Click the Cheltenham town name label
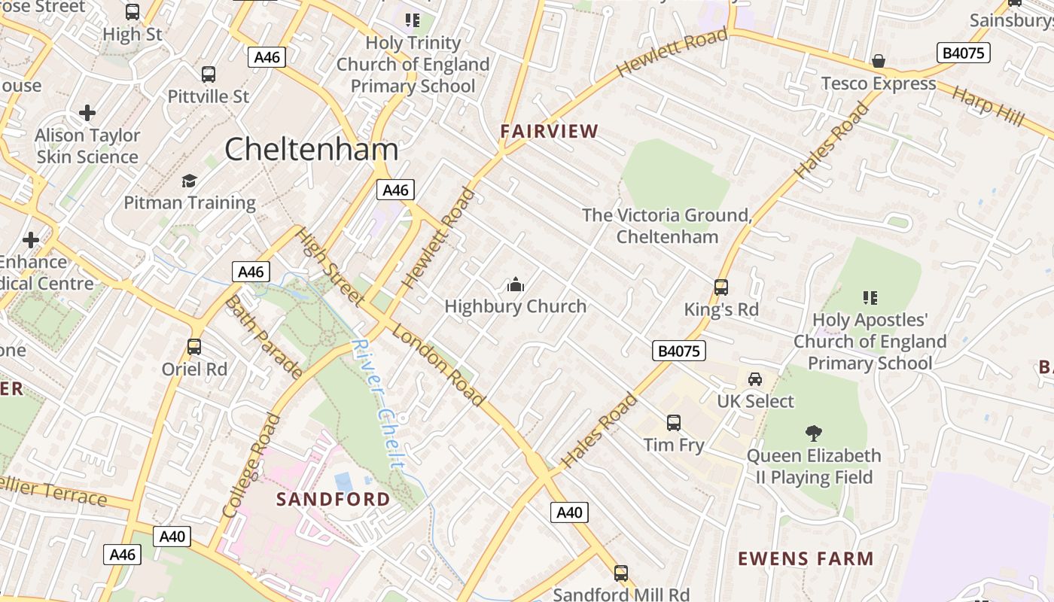pyautogui.click(x=311, y=149)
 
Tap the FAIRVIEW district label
pyautogui.click(x=550, y=131)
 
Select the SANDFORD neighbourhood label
pyautogui.click(x=333, y=499)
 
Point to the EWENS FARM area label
pyautogui.click(x=806, y=558)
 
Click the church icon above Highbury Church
pyautogui.click(x=516, y=284)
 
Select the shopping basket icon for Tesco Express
pyautogui.click(x=878, y=61)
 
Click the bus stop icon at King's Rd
pyautogui.click(x=720, y=287)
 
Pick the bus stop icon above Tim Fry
pyautogui.click(x=674, y=423)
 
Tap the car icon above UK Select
pyautogui.click(x=754, y=379)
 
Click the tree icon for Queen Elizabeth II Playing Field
pyautogui.click(x=813, y=433)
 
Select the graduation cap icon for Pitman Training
pyautogui.click(x=189, y=181)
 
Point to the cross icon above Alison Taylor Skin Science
pyautogui.click(x=87, y=114)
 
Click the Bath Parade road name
pyautogui.click(x=263, y=336)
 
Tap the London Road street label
pyautogui.click(x=438, y=367)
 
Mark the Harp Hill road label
pyautogui.click(x=988, y=106)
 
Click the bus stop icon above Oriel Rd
pyautogui.click(x=194, y=347)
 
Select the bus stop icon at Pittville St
pyautogui.click(x=209, y=74)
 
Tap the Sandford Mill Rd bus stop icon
pyautogui.click(x=620, y=573)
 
